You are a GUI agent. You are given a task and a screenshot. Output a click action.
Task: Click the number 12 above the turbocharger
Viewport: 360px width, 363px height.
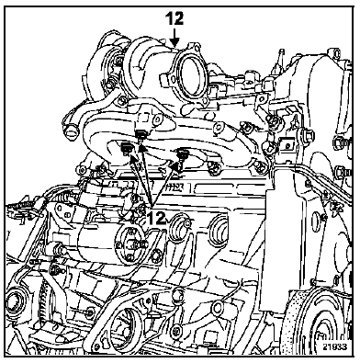point(174,18)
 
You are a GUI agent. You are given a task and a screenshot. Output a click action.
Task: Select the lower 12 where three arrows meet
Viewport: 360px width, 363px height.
point(156,218)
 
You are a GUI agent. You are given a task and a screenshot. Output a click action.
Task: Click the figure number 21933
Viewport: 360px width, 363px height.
point(334,346)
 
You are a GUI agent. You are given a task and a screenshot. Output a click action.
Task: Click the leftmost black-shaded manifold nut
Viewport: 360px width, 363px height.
point(126,148)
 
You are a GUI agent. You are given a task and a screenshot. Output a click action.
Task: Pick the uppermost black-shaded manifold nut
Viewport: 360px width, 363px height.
point(141,133)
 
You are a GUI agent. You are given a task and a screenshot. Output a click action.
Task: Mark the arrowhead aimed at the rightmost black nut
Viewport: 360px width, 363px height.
point(175,166)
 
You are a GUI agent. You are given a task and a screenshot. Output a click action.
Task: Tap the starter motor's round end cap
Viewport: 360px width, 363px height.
point(130,244)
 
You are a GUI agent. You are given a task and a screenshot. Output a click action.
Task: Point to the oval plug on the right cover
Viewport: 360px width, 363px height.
point(316,223)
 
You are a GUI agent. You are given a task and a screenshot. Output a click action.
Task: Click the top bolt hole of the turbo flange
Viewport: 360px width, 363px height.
point(196,47)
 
